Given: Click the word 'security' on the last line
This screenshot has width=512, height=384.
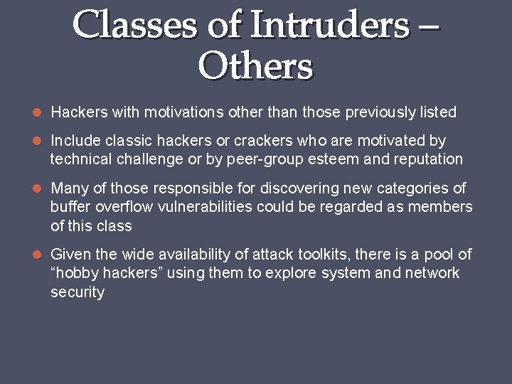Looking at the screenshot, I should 78,292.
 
